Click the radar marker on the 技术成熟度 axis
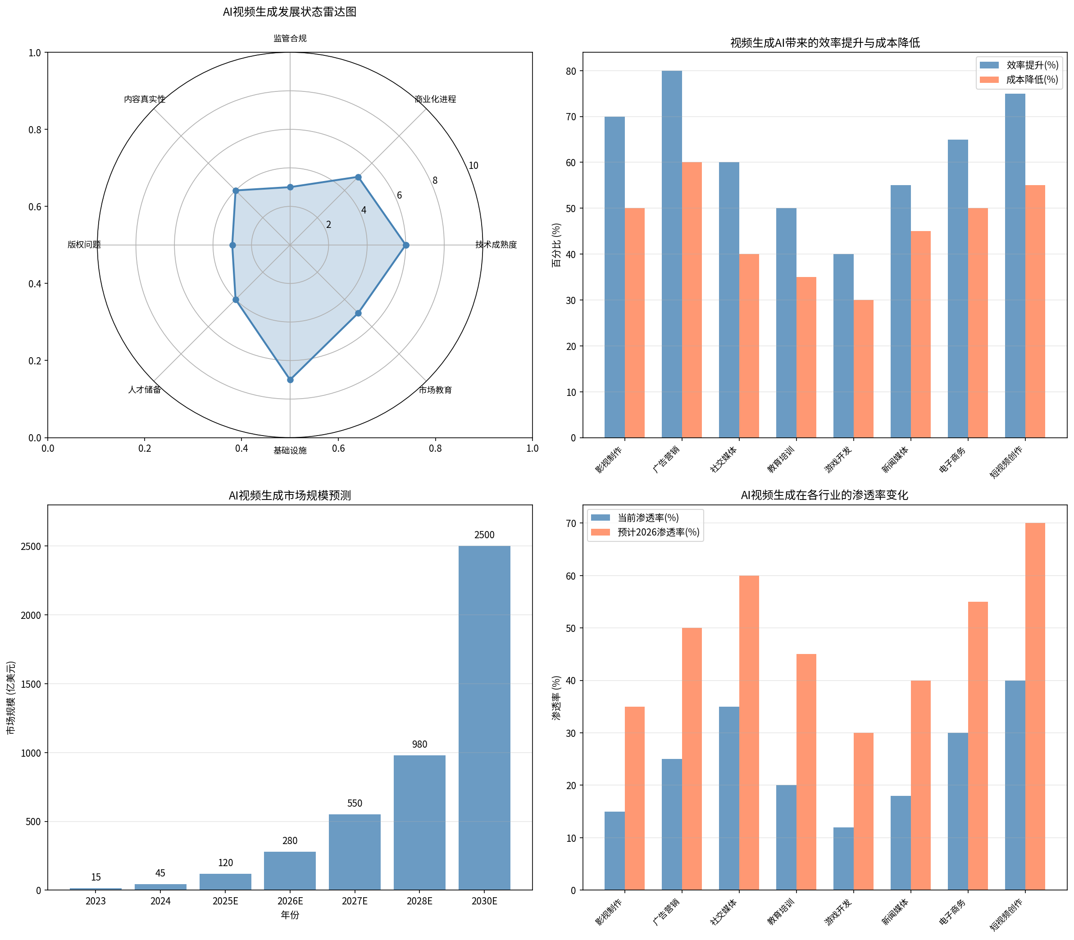click(x=405, y=245)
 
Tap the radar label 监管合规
click(x=290, y=38)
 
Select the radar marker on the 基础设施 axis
click(x=290, y=380)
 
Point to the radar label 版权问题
click(x=84, y=245)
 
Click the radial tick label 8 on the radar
click(x=435, y=181)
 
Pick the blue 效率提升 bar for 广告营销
click(x=672, y=254)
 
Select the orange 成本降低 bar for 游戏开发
click(x=863, y=369)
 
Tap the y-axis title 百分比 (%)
click(x=556, y=245)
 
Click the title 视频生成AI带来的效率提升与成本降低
click(x=825, y=43)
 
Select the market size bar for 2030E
click(x=484, y=717)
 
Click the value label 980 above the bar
click(x=419, y=745)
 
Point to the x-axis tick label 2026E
click(x=290, y=901)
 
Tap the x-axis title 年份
click(x=290, y=915)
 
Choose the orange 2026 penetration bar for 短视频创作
click(x=1035, y=706)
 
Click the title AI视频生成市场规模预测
click(x=290, y=495)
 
